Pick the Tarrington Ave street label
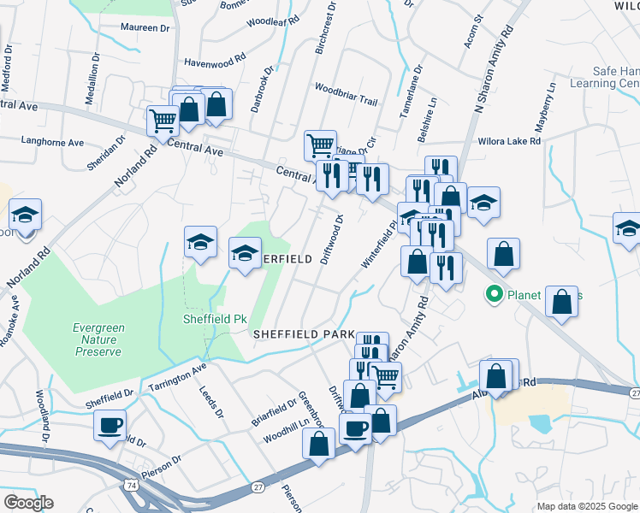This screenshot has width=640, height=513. click(x=178, y=379)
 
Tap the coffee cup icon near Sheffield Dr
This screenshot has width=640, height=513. click(x=110, y=425)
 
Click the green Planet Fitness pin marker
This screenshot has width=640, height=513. click(x=494, y=296)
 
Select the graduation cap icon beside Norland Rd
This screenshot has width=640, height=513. click(x=25, y=215)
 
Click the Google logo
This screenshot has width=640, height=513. click(x=27, y=503)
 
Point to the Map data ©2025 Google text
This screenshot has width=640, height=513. click(x=586, y=506)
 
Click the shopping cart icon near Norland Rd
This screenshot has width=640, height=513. click(x=162, y=121)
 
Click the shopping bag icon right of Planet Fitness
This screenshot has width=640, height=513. click(x=561, y=302)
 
